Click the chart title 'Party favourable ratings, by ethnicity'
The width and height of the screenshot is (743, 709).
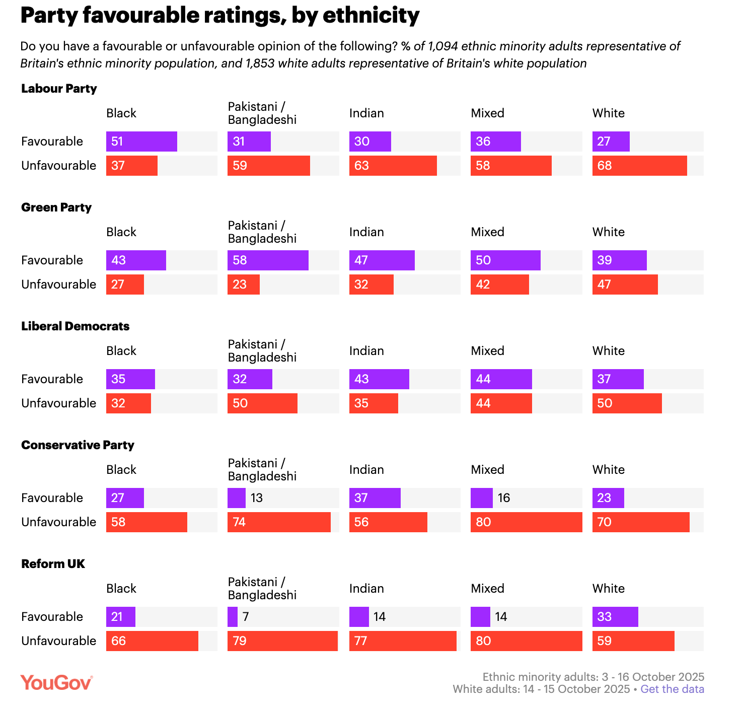tap(220, 16)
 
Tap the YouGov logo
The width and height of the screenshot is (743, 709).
tap(56, 683)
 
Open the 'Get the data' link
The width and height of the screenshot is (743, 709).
tap(672, 689)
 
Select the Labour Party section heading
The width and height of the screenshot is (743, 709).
tap(59, 89)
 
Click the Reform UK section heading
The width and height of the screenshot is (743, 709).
tap(53, 564)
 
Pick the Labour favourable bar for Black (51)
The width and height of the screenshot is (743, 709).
tap(141, 141)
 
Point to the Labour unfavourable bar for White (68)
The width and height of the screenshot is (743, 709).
tap(639, 166)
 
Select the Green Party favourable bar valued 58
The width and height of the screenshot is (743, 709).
tap(268, 260)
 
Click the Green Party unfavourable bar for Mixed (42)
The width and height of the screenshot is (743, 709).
tap(499, 285)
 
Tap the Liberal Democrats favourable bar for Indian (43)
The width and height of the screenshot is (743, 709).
tap(379, 379)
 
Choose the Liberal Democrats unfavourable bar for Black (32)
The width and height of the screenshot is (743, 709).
tap(128, 403)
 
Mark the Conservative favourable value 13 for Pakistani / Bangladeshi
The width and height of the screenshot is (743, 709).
tap(257, 498)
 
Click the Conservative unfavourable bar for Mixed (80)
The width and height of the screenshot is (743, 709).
tap(526, 522)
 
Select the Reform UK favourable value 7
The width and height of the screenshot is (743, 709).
tap(246, 617)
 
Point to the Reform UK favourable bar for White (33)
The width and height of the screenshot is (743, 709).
tap(615, 617)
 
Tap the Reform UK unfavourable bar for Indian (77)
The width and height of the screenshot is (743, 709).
tap(403, 641)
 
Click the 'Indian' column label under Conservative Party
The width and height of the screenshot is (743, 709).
tap(366, 470)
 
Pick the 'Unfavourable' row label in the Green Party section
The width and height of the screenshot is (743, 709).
tap(58, 285)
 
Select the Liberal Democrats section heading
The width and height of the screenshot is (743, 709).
tap(76, 326)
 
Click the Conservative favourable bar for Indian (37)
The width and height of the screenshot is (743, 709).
tap(375, 498)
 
